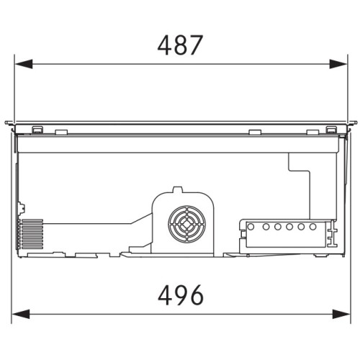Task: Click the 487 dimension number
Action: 180,45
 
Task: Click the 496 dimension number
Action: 181,295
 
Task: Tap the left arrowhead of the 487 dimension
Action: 24,64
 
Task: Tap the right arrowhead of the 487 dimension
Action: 338,64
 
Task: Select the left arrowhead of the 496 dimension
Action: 21,314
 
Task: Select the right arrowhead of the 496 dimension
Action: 341,314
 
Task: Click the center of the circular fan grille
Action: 187,224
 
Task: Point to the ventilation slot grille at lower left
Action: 31,234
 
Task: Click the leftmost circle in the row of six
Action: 251,227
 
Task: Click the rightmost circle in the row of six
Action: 312,227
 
